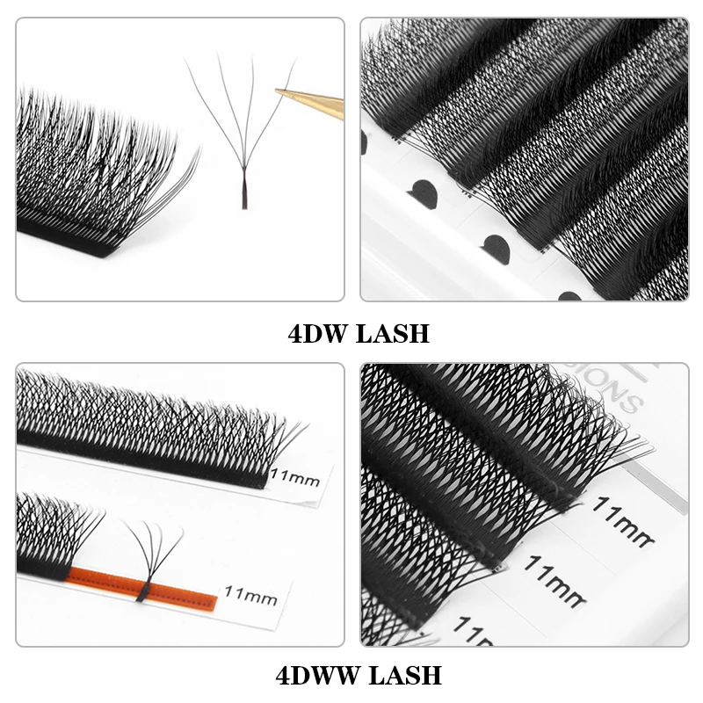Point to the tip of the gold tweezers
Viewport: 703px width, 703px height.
[278, 91]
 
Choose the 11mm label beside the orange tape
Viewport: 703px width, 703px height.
[250, 598]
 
